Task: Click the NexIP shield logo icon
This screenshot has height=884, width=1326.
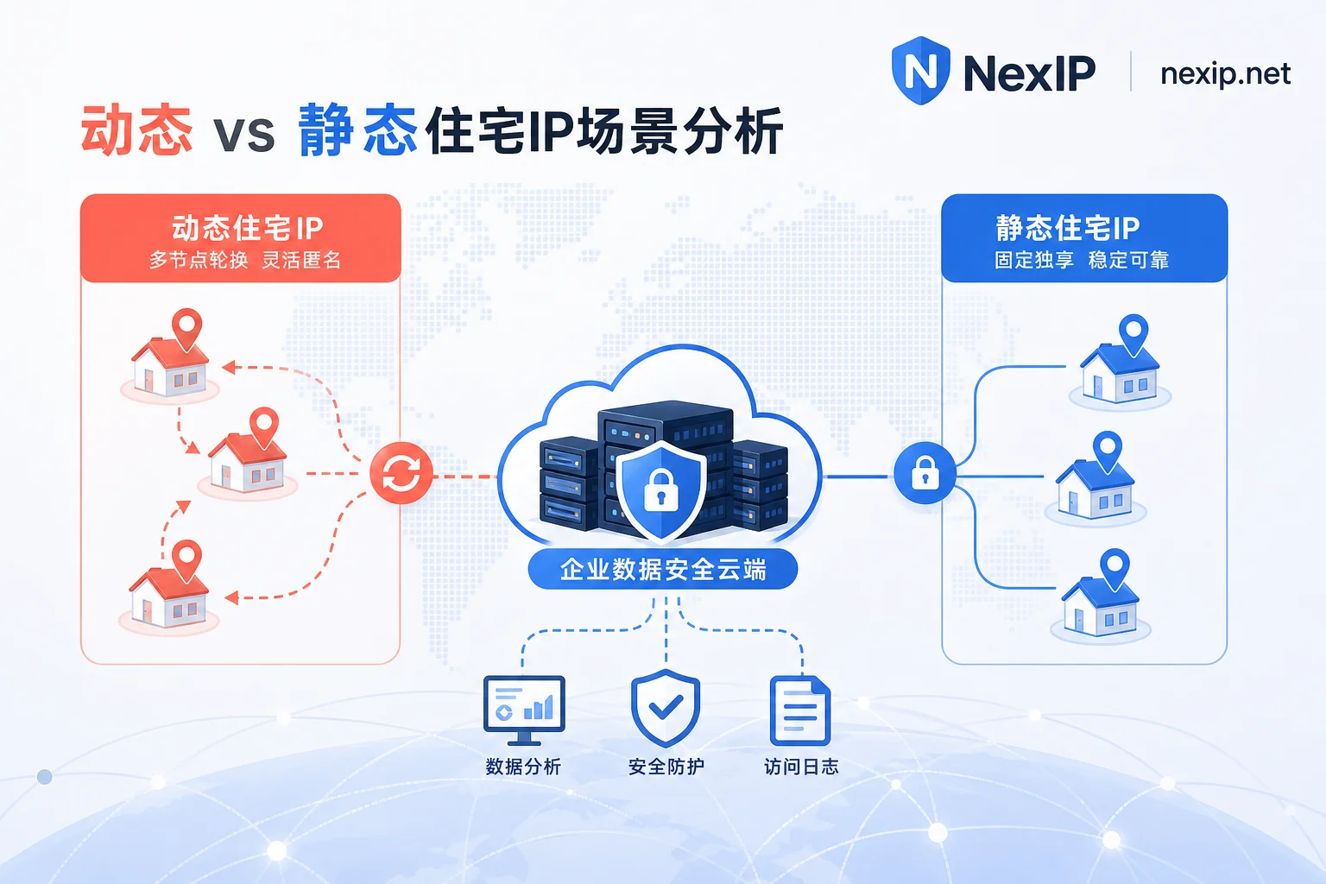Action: point(920,71)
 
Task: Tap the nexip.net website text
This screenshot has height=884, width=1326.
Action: point(1225,74)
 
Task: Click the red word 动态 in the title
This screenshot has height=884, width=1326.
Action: point(136,129)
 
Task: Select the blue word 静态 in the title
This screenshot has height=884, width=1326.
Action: point(357,129)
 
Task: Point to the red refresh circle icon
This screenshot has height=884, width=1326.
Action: point(401,473)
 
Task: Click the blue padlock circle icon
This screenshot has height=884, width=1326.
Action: point(925,473)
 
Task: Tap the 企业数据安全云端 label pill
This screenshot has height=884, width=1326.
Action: point(663,568)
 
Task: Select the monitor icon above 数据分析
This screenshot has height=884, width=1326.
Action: point(524,710)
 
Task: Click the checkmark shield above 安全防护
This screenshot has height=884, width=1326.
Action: point(666,708)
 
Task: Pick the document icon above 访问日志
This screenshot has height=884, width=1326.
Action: point(799,710)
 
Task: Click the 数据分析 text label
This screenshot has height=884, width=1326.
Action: point(523,767)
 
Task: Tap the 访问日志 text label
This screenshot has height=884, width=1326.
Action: point(801,767)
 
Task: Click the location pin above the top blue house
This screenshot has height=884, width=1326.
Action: point(1133,335)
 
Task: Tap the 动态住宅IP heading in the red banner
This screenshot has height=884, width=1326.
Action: point(248,229)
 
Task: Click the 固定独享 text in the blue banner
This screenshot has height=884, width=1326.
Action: point(1033,260)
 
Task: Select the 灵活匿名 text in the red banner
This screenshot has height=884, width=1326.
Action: point(301,260)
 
